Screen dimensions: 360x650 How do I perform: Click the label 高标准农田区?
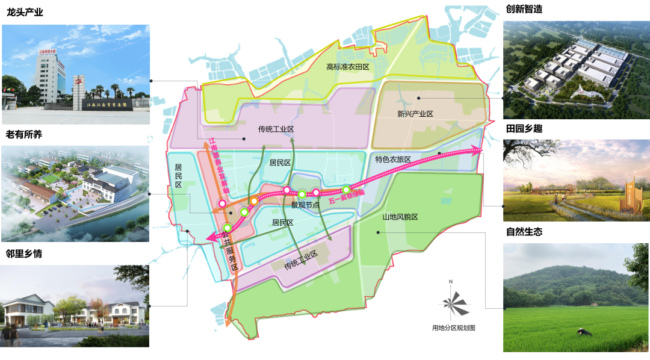coord(347,67)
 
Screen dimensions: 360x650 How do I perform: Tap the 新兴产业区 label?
coord(415,114)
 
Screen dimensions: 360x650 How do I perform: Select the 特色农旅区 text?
coord(392,160)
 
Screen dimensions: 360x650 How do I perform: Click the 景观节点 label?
coord(305,205)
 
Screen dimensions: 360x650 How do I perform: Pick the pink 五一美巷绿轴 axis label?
coord(347,196)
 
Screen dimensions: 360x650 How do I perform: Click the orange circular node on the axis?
coord(254,200)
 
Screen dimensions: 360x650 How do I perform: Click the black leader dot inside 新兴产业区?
coord(418,98)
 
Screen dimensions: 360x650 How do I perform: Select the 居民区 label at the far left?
coord(178,176)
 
